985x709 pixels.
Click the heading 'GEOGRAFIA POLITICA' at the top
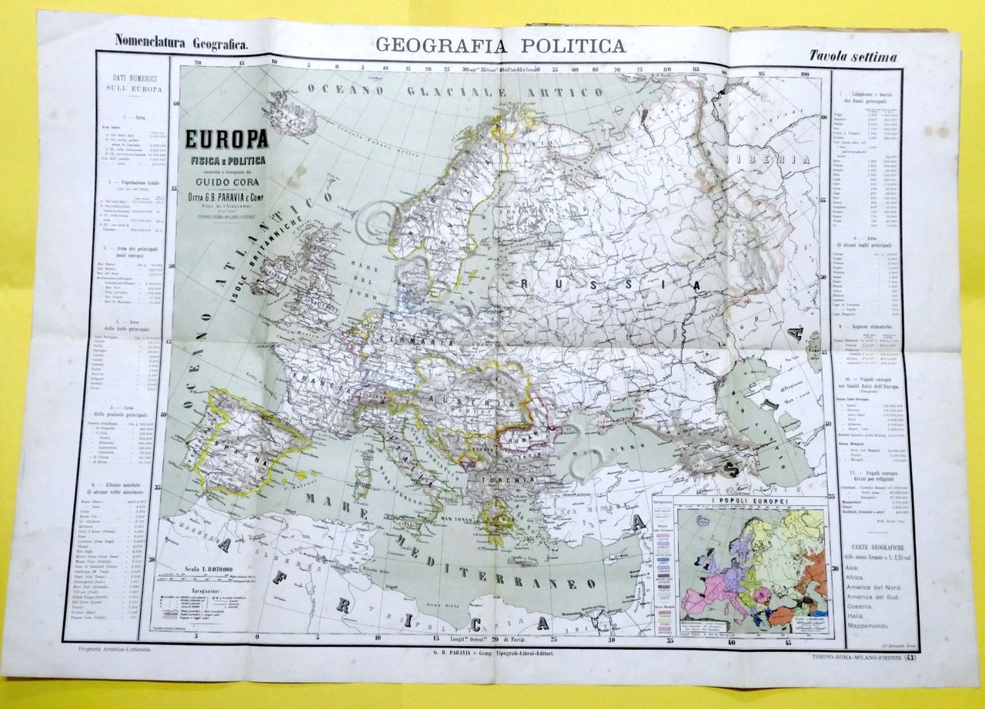[x=500, y=46]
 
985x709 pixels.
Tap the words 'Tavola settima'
[x=852, y=56]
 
